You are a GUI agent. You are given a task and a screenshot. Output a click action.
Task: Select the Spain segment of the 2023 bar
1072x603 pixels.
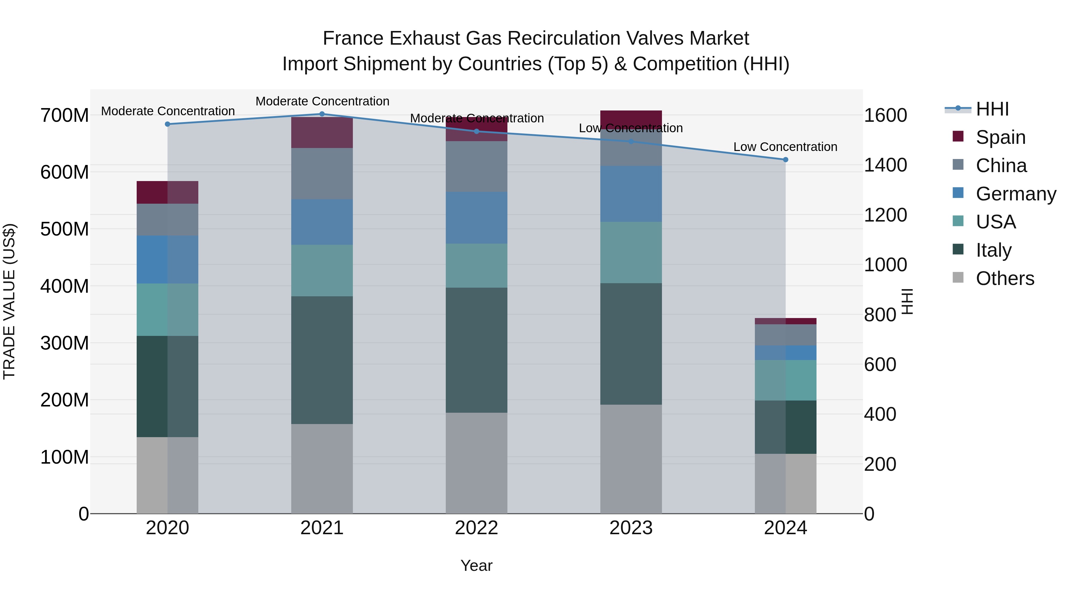pos(631,119)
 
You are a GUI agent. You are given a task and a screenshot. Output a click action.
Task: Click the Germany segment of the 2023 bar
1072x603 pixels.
pos(631,194)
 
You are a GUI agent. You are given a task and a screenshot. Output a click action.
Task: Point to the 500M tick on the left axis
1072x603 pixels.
pos(65,229)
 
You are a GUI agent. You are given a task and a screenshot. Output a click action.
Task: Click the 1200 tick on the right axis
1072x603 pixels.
pos(885,215)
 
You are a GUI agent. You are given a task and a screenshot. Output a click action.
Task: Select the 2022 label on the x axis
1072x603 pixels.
pos(476,528)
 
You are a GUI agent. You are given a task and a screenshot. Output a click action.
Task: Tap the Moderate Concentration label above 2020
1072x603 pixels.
pos(168,111)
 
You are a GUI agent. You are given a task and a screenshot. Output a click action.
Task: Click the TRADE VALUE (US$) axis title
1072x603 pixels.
pos(9,301)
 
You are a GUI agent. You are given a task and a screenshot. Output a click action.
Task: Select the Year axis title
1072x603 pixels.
pos(476,565)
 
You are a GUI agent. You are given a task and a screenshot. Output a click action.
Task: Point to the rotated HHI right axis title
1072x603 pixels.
pos(907,301)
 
